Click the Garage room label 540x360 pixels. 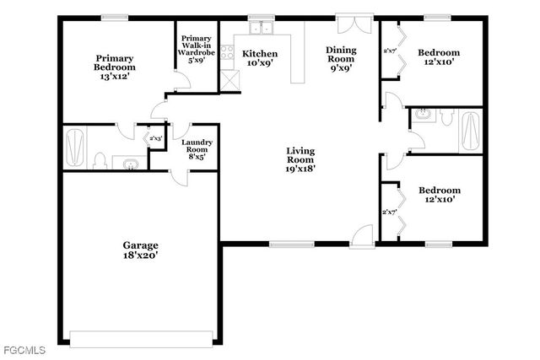pyautogui.click(x=141, y=245)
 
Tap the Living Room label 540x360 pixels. pyautogui.click(x=300, y=156)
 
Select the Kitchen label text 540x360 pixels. pyautogui.click(x=259, y=54)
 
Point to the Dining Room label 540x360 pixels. pyautogui.click(x=343, y=55)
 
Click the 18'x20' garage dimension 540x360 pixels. pyautogui.click(x=141, y=254)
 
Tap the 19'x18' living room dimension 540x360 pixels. pyautogui.click(x=300, y=169)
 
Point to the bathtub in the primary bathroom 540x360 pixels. pyautogui.click(x=75, y=146)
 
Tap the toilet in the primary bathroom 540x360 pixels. pyautogui.click(x=100, y=160)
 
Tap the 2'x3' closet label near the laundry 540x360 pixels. pyautogui.click(x=155, y=138)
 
